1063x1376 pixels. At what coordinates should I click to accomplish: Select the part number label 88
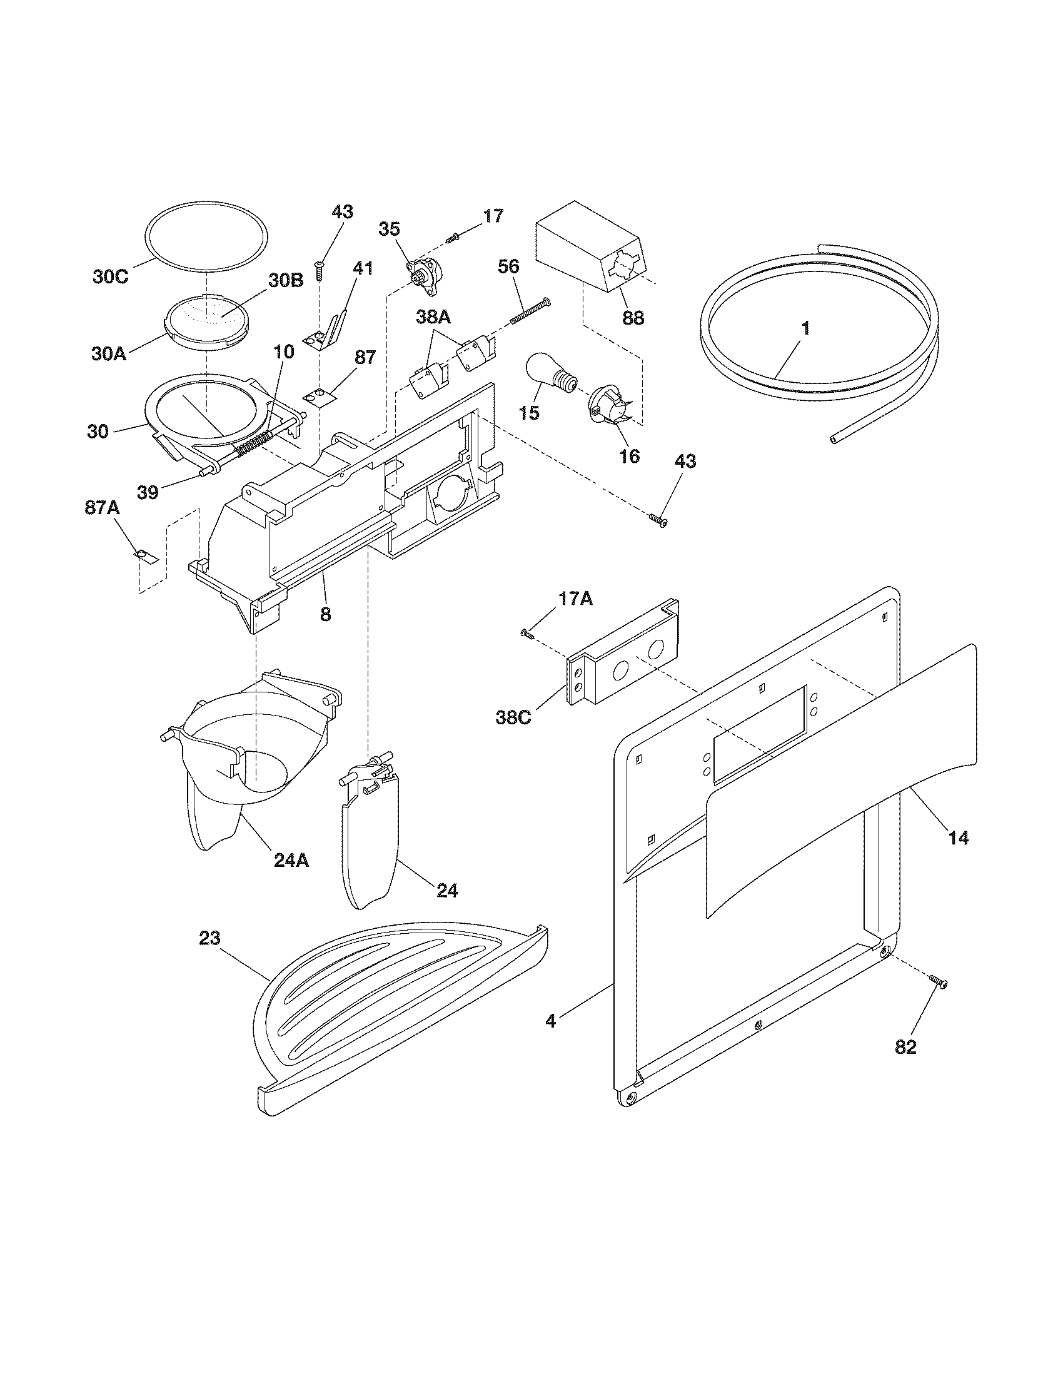tap(633, 318)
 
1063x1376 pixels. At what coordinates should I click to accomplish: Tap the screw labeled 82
tap(938, 981)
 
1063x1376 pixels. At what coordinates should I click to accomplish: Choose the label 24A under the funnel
tap(291, 860)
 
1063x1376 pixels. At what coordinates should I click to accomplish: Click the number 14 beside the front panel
tap(959, 838)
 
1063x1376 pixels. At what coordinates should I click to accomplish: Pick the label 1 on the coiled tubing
tap(805, 329)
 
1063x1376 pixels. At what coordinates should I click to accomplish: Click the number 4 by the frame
tap(551, 1021)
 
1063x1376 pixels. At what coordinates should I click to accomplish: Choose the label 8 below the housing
tap(325, 614)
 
